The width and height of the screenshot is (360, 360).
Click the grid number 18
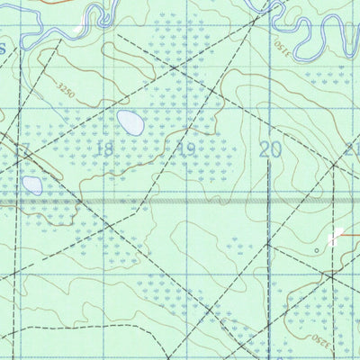click(104, 148)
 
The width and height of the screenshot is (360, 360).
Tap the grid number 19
click(186, 149)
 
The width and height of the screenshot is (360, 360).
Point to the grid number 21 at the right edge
click(352, 149)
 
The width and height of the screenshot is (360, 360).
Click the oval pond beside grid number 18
click(131, 122)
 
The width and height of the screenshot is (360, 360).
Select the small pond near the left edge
click(32, 185)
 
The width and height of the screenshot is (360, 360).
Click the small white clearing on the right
click(337, 238)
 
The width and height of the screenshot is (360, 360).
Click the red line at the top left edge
click(27, 3)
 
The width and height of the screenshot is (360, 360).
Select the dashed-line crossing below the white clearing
click(332, 275)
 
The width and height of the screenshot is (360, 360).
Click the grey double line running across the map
click(180, 202)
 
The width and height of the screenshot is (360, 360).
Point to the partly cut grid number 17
click(22, 149)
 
